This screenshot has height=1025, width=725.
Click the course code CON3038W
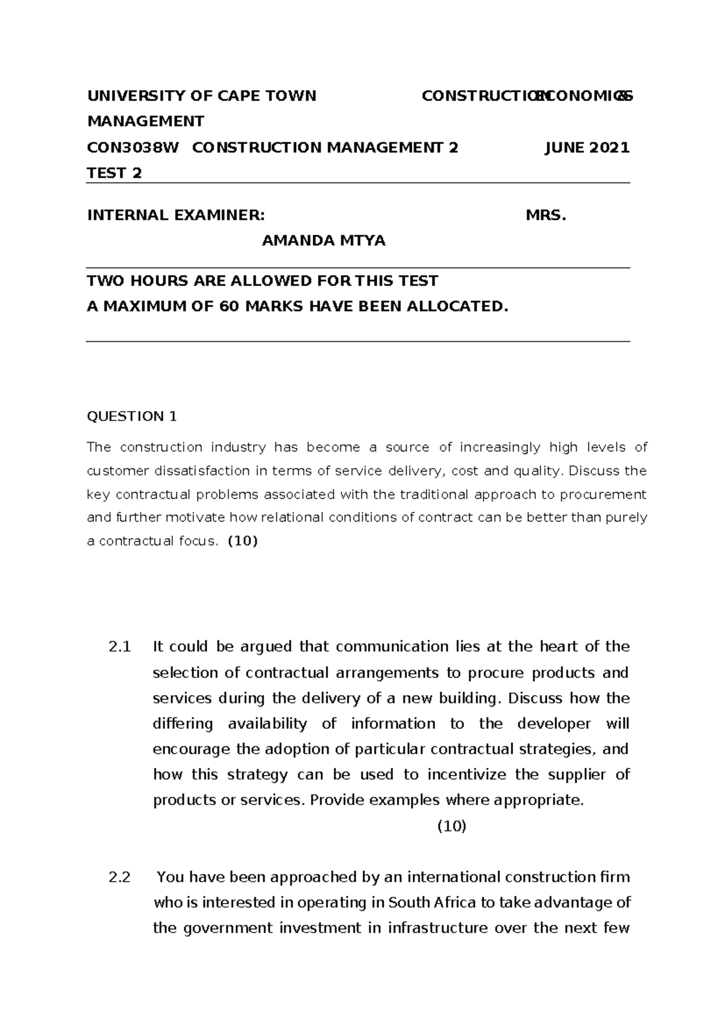[133, 147]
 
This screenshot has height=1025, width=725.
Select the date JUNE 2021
[587, 147]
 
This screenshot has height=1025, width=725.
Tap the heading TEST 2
[115, 173]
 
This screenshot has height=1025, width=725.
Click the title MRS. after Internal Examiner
[546, 216]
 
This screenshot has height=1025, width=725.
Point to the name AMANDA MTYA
[323, 241]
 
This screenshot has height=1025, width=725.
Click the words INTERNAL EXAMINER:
[176, 216]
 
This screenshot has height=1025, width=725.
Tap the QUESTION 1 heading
[132, 416]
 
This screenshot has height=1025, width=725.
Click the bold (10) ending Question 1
[242, 542]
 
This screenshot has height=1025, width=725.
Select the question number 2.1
[120, 647]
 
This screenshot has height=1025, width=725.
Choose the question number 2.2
[120, 878]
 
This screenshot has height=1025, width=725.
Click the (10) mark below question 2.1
[451, 827]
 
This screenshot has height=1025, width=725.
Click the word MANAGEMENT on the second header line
[146, 121]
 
